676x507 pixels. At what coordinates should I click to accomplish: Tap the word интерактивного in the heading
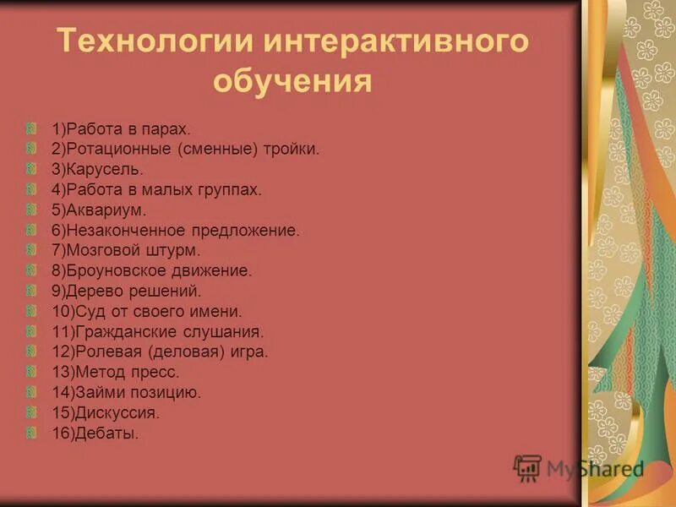pos(384,43)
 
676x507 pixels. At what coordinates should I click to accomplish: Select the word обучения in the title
pos(292,82)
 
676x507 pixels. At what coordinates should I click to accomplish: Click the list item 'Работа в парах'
pos(122,129)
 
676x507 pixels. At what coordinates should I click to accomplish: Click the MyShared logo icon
pos(527,467)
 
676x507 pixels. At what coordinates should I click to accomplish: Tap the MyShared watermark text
pos(595,469)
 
